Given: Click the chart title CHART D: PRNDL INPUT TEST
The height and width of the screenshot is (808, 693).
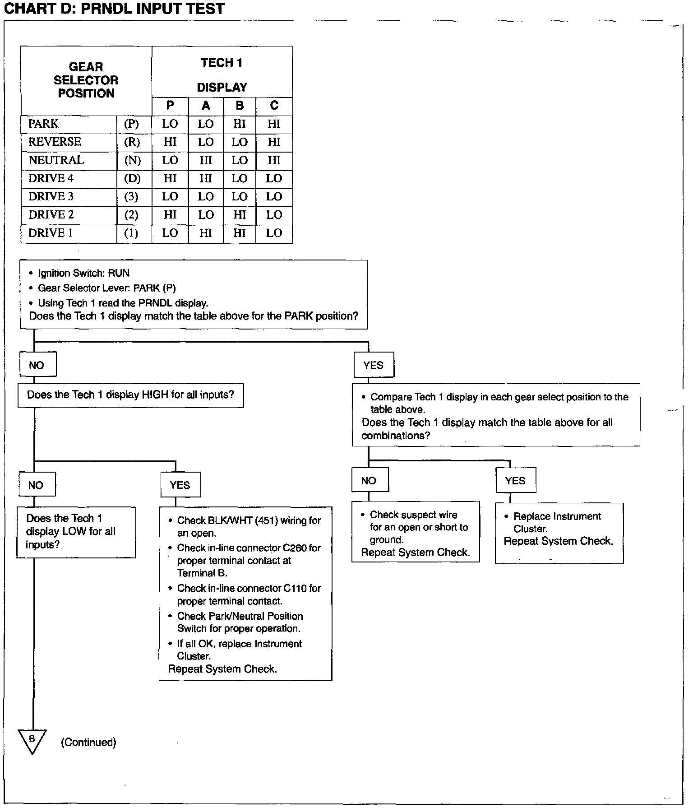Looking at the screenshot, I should tap(114, 9).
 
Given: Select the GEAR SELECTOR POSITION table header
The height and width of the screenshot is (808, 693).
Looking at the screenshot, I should tap(86, 80).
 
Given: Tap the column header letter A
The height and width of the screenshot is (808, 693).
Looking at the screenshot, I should tap(206, 106).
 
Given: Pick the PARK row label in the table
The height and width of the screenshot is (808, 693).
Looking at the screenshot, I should tap(44, 124).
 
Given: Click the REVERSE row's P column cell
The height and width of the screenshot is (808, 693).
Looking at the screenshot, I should tap(170, 142).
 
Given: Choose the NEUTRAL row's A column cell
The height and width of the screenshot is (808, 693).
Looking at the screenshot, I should tap(206, 160).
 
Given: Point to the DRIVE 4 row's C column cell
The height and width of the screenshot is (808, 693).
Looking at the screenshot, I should tap(274, 178).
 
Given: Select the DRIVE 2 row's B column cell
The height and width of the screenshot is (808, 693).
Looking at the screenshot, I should tap(240, 215).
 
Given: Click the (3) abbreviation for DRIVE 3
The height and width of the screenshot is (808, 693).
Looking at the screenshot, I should tap(131, 197).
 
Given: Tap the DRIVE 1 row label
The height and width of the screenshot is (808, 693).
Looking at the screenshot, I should tap(50, 233).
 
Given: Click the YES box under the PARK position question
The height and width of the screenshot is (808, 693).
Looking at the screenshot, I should tap(373, 365).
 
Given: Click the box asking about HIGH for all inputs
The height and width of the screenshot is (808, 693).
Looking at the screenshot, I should tap(130, 395).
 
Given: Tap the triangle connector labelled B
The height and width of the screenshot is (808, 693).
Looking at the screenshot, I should tap(32, 741).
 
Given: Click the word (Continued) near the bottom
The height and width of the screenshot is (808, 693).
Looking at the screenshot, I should tap(88, 742).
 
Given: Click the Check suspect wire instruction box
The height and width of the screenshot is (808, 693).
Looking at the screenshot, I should tap(415, 532).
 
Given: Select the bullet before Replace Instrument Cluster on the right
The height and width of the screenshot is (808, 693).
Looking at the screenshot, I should tap(506, 516).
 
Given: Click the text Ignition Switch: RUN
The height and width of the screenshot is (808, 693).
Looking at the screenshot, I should tap(83, 273).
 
